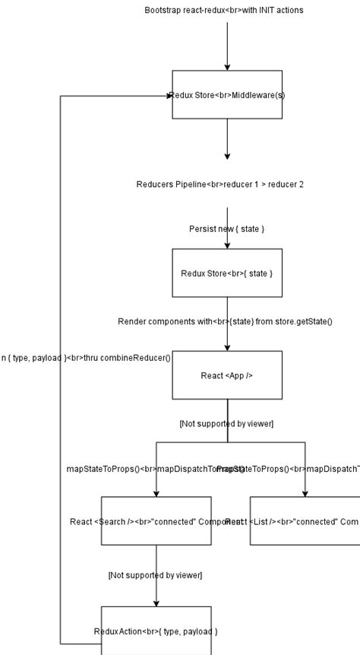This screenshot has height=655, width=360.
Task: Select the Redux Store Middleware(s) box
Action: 227,95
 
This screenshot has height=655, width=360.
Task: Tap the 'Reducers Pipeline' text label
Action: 219,185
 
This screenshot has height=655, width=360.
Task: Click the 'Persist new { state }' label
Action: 226,229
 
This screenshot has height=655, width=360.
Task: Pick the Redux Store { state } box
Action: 227,273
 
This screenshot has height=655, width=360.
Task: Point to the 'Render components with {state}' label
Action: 225,321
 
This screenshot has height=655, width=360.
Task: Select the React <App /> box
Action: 227,375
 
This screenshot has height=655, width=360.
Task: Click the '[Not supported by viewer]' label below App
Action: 226,423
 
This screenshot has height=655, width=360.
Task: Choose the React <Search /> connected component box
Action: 156,521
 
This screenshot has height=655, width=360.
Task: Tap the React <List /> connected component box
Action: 305,521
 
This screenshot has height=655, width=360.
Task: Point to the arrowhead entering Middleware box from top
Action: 227,67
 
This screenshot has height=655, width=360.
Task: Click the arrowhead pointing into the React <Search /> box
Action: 156,493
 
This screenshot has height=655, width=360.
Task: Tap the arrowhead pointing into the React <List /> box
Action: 305,493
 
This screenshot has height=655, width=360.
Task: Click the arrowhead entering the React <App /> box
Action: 227,346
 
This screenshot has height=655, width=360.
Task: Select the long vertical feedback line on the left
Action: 61,380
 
